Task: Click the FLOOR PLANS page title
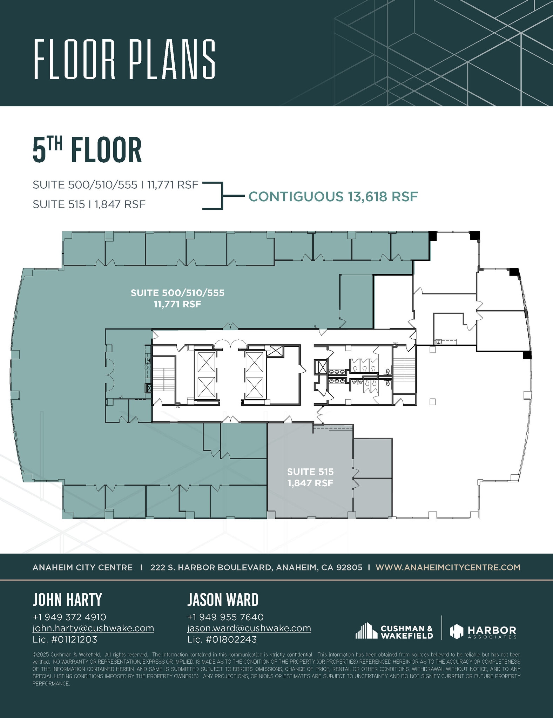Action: pyautogui.click(x=124, y=59)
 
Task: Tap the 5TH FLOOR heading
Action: pyautogui.click(x=87, y=150)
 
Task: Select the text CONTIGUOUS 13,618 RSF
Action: pyautogui.click(x=333, y=197)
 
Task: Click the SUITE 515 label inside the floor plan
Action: pyautogui.click(x=310, y=472)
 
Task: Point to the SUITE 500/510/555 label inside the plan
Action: pyautogui.click(x=177, y=293)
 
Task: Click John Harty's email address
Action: pyautogui.click(x=93, y=628)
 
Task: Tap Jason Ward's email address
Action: pyautogui.click(x=249, y=628)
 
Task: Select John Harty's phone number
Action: pyautogui.click(x=69, y=617)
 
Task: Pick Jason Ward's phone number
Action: pyautogui.click(x=225, y=617)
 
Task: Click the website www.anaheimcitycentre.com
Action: pyautogui.click(x=448, y=567)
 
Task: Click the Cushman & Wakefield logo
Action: pyautogui.click(x=394, y=632)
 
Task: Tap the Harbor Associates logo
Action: pyautogui.click(x=483, y=632)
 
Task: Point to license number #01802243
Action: pyautogui.click(x=222, y=639)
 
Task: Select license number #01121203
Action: pyautogui.click(x=65, y=639)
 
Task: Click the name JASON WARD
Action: pyautogui.click(x=223, y=600)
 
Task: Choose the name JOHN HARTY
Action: pyautogui.click(x=67, y=600)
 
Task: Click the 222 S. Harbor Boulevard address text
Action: pyautogui.click(x=256, y=567)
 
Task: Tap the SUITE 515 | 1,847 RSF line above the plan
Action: pyautogui.click(x=89, y=204)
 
